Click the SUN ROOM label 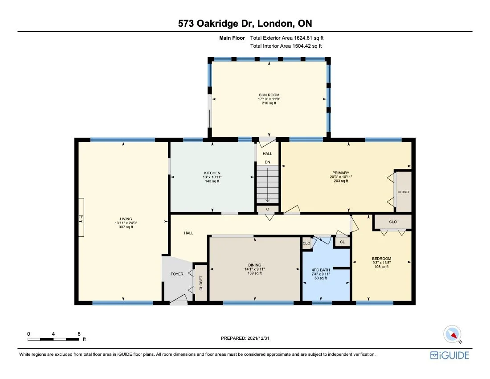pyautogui.click(x=269, y=95)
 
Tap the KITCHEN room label pyautogui.click(x=212, y=173)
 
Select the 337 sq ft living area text pyautogui.click(x=123, y=227)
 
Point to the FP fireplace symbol pyautogui.click(x=81, y=217)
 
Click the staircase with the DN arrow pyautogui.click(x=267, y=184)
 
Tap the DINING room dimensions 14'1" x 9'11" pyautogui.click(x=254, y=269)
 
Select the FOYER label pyautogui.click(x=177, y=274)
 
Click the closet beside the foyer pyautogui.click(x=201, y=283)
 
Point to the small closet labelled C pyautogui.click(x=267, y=209)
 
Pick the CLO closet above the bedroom pyautogui.click(x=392, y=222)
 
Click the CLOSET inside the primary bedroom pyautogui.click(x=404, y=192)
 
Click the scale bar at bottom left pyautogui.click(x=53, y=339)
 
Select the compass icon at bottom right pyautogui.click(x=453, y=334)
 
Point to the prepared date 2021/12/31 pyautogui.click(x=245, y=338)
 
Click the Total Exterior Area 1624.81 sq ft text pyautogui.click(x=290, y=38)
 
